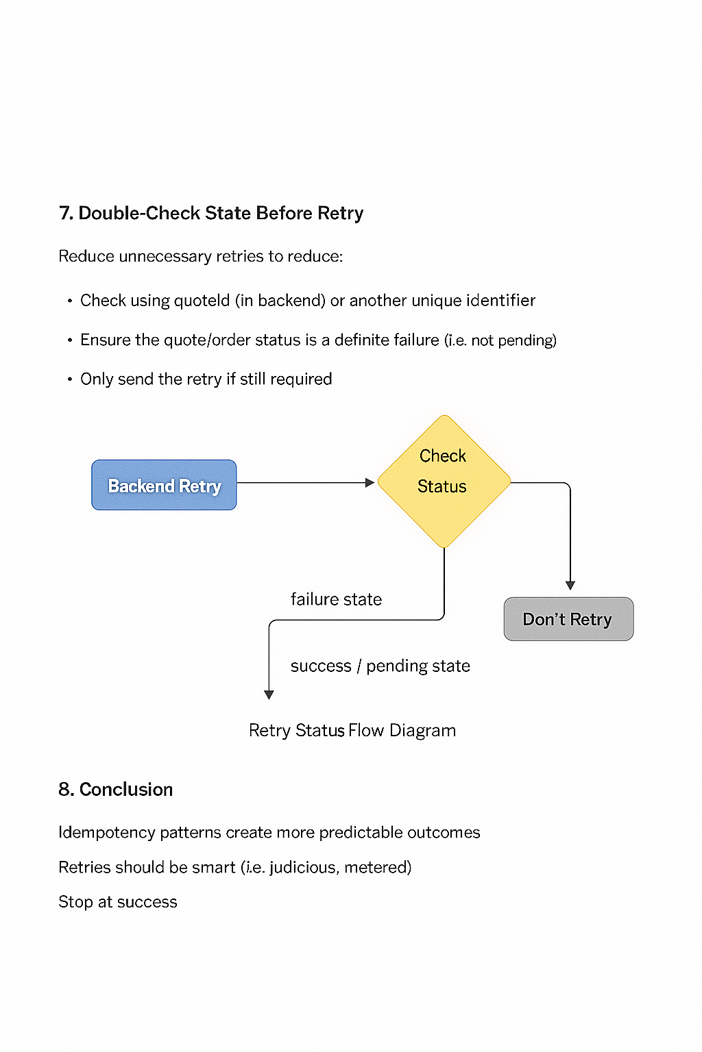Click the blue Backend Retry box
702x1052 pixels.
[164, 485]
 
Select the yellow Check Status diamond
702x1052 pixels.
[444, 481]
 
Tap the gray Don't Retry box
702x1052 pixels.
[568, 619]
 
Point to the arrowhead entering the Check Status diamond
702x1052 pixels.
[370, 483]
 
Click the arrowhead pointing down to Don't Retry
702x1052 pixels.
[570, 585]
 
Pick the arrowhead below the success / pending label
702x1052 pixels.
[269, 694]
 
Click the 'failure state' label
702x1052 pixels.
[336, 599]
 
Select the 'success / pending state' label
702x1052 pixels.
[380, 666]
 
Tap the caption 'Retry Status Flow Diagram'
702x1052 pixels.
[352, 730]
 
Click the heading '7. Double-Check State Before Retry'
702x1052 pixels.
[211, 213]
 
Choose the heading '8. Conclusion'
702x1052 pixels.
[115, 789]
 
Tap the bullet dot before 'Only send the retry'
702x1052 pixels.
[69, 379]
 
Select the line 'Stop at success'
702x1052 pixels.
[117, 902]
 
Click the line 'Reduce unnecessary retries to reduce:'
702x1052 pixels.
[200, 256]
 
